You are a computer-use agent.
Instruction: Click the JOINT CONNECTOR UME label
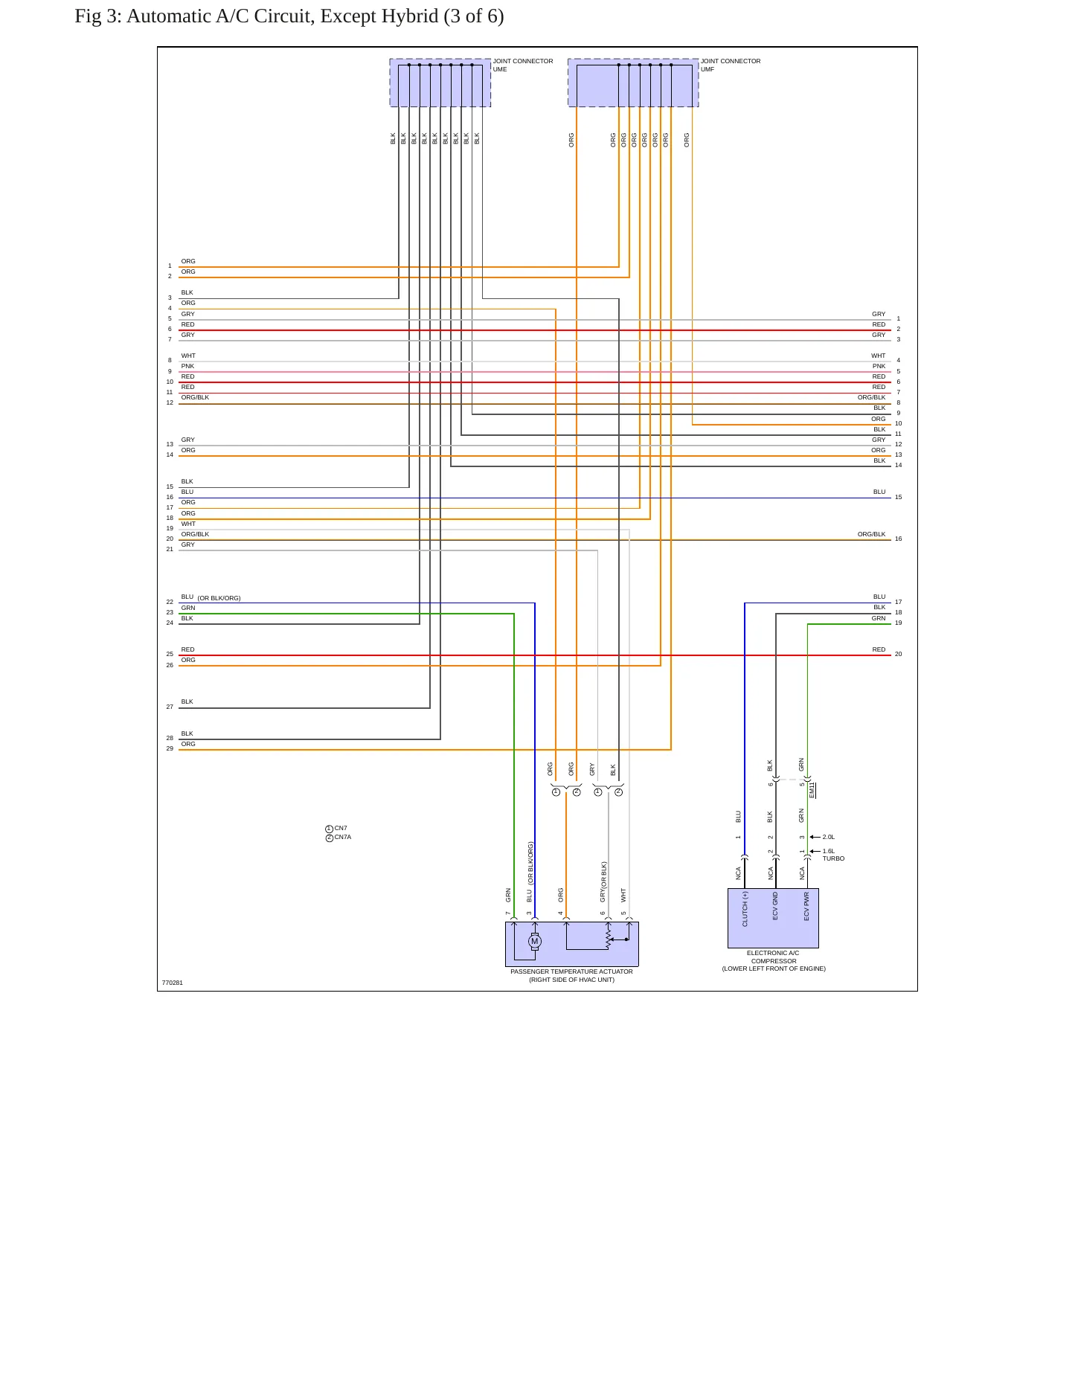pyautogui.click(x=523, y=65)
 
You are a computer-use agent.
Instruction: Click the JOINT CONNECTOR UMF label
pyautogui.click(x=731, y=65)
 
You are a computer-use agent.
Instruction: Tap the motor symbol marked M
pyautogui.click(x=534, y=942)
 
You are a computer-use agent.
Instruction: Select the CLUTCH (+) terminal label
pyautogui.click(x=745, y=909)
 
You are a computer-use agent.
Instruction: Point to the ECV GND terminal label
pyautogui.click(x=775, y=906)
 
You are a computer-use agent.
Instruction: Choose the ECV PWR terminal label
pyautogui.click(x=806, y=907)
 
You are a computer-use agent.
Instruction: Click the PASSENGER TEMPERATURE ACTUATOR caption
pyautogui.click(x=571, y=971)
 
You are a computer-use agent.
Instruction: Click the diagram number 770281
pyautogui.click(x=173, y=983)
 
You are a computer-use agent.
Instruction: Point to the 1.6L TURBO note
pyautogui.click(x=833, y=855)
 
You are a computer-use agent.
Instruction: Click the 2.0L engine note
pyautogui.click(x=829, y=837)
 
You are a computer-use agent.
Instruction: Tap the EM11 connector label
pyautogui.click(x=812, y=790)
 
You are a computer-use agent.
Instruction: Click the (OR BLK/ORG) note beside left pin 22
pyautogui.click(x=219, y=598)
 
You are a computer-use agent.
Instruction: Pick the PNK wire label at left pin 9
pyautogui.click(x=187, y=366)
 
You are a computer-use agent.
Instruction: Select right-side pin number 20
pyautogui.click(x=898, y=655)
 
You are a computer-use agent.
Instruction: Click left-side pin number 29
pyautogui.click(x=170, y=748)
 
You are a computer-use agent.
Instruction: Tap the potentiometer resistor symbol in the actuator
pyautogui.click(x=609, y=939)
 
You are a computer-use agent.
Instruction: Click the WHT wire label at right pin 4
pyautogui.click(x=879, y=356)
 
